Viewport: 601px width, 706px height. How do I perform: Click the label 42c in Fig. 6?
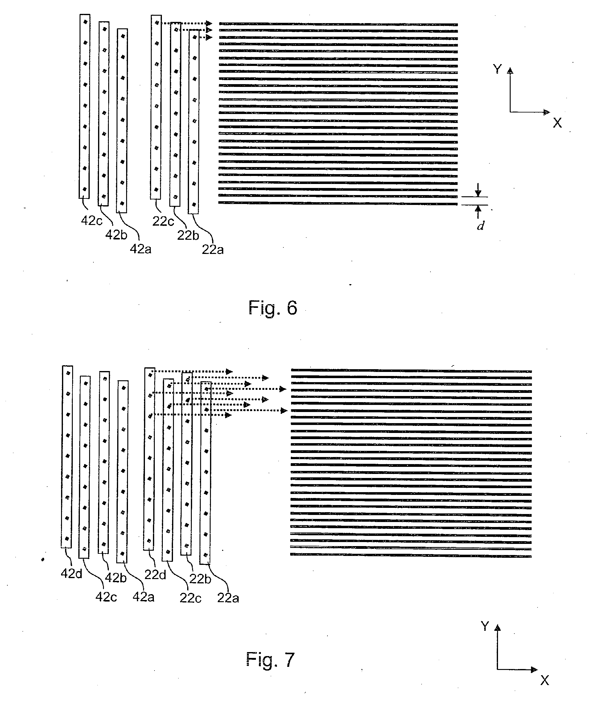point(92,221)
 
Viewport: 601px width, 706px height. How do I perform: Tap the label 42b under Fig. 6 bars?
point(116,235)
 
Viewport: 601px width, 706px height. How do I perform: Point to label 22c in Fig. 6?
point(163,222)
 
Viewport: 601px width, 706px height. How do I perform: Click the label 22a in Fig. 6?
point(212,250)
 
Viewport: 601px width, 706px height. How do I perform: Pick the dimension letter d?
point(480,225)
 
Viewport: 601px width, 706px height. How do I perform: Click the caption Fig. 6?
point(273,308)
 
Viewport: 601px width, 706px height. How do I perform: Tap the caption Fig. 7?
point(270,659)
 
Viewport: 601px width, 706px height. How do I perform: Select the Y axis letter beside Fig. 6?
point(497,69)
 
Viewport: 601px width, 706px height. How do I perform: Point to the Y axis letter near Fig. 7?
point(485,626)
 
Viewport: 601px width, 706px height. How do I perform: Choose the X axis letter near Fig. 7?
point(545,680)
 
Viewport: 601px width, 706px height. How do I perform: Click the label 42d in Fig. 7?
point(71,573)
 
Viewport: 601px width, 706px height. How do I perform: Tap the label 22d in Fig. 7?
point(155,575)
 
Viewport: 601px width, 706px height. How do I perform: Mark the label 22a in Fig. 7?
point(228,598)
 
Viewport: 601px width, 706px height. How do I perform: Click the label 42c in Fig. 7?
point(106,597)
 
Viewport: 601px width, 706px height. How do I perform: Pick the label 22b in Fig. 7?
point(200,579)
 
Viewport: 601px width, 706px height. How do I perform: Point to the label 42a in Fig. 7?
point(143,597)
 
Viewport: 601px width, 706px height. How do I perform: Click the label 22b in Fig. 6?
point(188,235)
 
